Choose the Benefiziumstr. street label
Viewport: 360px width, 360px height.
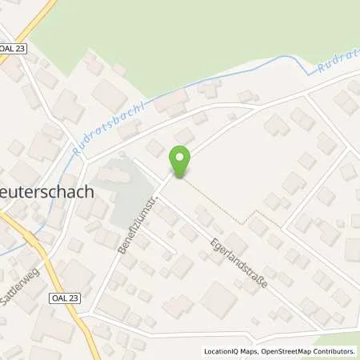coord(134,222)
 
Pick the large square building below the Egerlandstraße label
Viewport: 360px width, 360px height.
coord(218,299)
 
